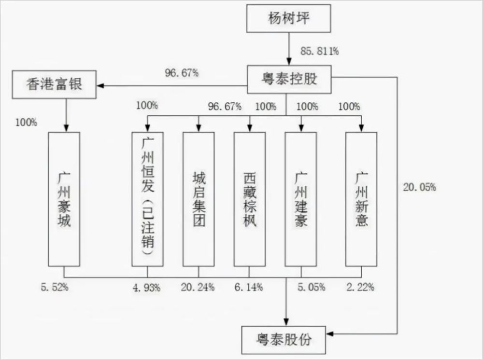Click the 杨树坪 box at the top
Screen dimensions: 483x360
(x=289, y=18)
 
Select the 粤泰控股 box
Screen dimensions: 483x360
(x=289, y=79)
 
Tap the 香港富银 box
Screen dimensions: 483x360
(x=54, y=84)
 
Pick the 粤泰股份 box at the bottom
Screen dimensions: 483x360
(x=284, y=340)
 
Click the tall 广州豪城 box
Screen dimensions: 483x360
(x=64, y=199)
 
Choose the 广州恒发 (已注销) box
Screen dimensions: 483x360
(x=147, y=199)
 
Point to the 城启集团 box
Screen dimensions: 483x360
(x=199, y=199)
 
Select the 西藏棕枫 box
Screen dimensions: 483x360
(x=250, y=199)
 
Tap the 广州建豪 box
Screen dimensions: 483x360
(x=301, y=199)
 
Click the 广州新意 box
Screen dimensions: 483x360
(x=361, y=199)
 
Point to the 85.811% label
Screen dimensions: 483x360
(x=320, y=51)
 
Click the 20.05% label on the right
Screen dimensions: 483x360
(x=420, y=187)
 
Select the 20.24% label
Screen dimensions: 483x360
(x=198, y=287)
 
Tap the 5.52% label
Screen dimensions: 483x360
(x=55, y=287)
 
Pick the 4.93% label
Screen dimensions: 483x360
(x=147, y=288)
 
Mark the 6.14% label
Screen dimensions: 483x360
(x=249, y=287)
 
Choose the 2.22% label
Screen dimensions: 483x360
(x=360, y=287)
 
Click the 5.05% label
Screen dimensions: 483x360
(x=312, y=287)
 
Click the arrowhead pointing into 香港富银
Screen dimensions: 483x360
(x=100, y=85)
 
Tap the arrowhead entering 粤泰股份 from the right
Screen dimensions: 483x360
(x=330, y=334)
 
